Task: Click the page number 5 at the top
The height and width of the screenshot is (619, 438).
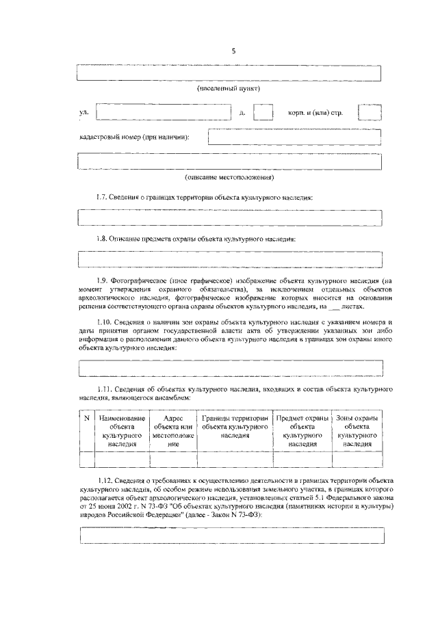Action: [x=233, y=51]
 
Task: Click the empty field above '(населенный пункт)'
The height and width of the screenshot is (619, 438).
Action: [x=229, y=73]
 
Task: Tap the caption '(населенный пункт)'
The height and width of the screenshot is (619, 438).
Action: [x=229, y=89]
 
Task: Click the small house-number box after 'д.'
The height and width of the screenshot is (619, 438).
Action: [x=263, y=112]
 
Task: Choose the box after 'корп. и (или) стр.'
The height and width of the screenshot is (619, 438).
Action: [x=369, y=112]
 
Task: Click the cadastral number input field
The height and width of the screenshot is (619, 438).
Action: [x=294, y=137]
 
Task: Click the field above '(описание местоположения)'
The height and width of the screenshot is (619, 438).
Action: [x=229, y=161]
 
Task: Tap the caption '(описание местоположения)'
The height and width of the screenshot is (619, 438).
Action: [x=229, y=177]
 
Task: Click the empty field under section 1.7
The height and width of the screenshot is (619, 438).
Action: [x=229, y=218]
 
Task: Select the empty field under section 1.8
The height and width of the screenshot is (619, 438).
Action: [x=229, y=259]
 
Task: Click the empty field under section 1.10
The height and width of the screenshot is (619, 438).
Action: [x=229, y=367]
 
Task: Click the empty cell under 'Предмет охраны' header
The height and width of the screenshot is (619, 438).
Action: [x=301, y=459]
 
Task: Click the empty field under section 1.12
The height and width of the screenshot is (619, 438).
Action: [x=229, y=536]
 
